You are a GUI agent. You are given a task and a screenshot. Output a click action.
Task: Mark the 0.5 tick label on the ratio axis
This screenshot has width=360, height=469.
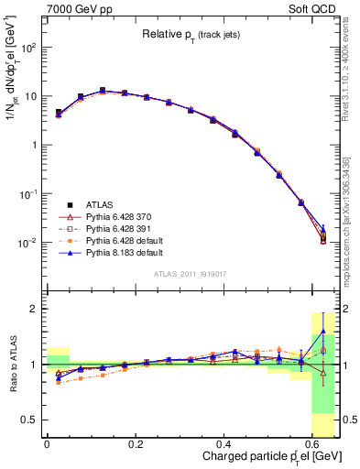31,420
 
